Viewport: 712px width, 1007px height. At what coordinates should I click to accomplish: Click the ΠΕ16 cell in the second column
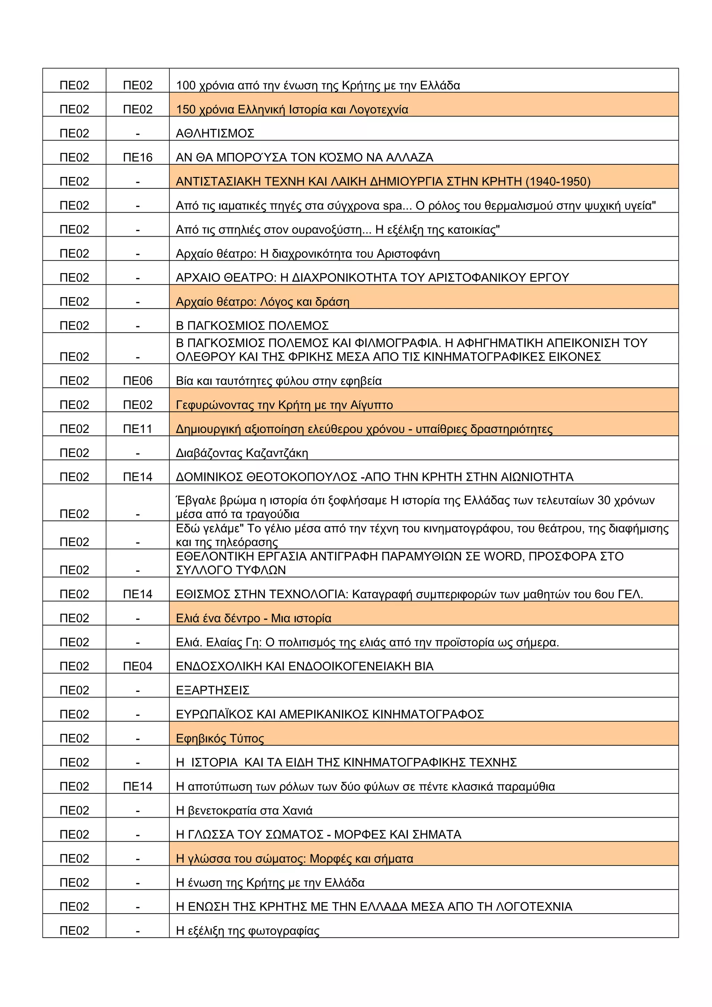tap(137, 157)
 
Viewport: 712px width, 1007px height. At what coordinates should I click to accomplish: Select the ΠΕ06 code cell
tap(137, 381)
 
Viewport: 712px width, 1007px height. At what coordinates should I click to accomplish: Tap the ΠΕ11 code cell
tap(137, 429)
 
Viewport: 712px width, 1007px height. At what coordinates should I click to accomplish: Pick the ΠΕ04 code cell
tap(137, 666)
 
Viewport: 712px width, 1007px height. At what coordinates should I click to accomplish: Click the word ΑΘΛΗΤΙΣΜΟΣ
tap(215, 133)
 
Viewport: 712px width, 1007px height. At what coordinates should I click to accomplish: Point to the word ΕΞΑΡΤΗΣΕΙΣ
tap(212, 690)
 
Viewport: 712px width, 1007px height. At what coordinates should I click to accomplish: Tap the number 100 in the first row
tap(186, 85)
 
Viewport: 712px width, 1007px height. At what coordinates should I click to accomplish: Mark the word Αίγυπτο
tap(371, 405)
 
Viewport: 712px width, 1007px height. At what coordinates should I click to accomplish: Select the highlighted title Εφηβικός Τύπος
tap(220, 739)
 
